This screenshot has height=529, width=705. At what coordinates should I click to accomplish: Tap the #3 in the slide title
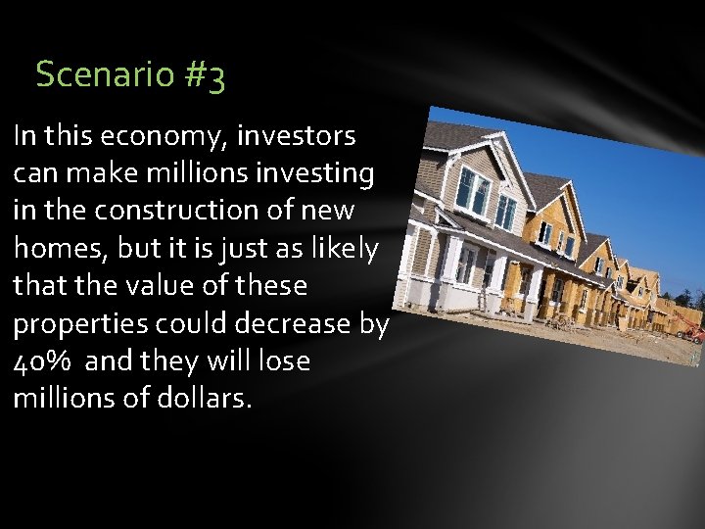coord(203,75)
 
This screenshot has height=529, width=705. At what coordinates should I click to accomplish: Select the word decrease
coord(287,323)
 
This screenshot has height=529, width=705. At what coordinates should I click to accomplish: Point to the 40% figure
coord(42,361)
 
